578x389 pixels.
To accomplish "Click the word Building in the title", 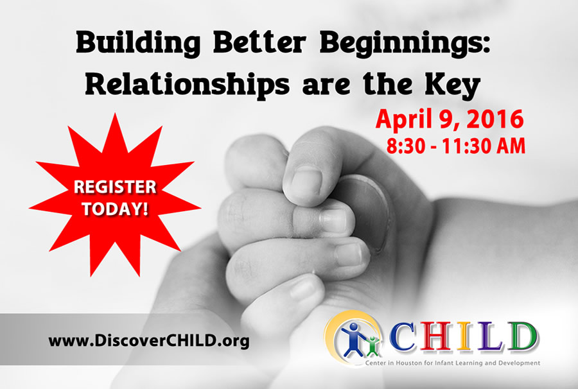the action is point(138,44).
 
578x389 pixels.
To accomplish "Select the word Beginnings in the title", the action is point(405,44).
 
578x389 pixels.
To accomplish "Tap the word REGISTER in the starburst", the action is point(115,187).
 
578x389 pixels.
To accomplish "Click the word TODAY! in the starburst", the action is point(115,209).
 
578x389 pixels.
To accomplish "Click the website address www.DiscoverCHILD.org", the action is point(149,340).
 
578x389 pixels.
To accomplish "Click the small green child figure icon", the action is point(373,346).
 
